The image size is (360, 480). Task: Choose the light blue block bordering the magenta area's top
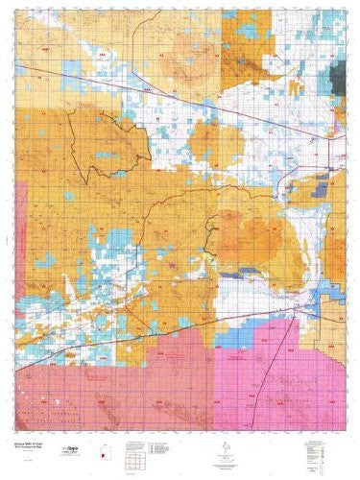(240, 331)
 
